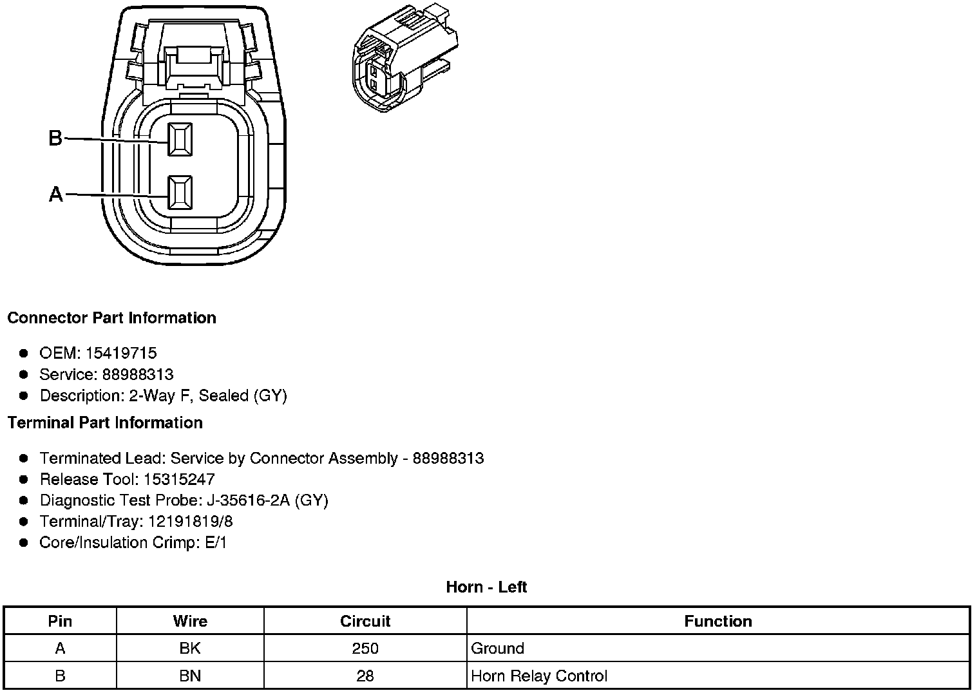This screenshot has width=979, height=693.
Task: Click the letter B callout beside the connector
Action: point(55,138)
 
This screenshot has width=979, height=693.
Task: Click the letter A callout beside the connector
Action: point(56,194)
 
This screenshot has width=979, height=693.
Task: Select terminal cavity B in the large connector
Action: point(180,139)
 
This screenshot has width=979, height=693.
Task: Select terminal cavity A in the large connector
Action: point(180,193)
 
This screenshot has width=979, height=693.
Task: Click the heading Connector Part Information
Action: point(112,318)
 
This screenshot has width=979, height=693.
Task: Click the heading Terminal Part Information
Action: point(106,422)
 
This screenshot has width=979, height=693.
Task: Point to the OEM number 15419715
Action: point(121,353)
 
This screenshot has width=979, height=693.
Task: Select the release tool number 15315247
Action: point(179,479)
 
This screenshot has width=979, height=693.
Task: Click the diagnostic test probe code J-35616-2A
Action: point(248,500)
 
